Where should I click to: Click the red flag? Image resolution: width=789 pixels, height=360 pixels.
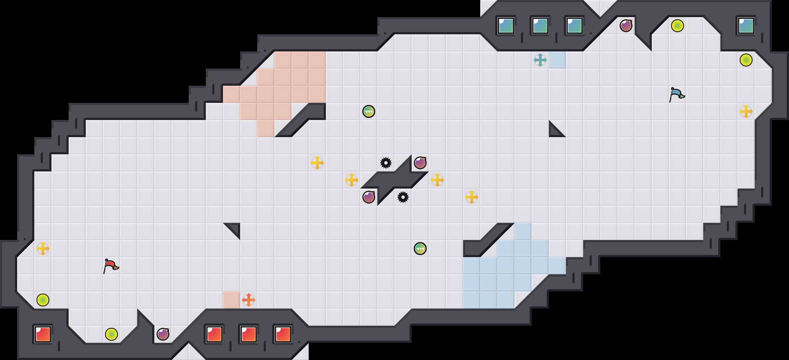pos(111,266)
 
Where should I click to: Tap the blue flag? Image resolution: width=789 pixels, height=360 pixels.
pos(677,94)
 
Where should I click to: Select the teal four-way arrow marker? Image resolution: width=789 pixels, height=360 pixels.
pos(540,60)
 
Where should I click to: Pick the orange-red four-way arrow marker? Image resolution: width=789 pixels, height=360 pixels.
pos(249,300)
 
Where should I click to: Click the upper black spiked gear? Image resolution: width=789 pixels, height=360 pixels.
pos(386,163)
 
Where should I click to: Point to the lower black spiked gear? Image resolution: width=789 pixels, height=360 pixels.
pos(403,197)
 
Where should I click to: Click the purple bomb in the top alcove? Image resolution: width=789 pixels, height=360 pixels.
pos(626,26)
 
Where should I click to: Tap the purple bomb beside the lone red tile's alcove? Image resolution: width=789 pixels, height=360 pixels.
pos(163,334)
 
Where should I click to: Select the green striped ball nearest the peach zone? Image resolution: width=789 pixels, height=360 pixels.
pos(369,111)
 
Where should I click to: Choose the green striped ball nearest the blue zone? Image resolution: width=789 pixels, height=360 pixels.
pos(420,249)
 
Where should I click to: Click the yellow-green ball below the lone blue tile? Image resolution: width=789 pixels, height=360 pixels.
pos(746,60)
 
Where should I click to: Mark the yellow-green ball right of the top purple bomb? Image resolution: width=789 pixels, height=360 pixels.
pos(678,26)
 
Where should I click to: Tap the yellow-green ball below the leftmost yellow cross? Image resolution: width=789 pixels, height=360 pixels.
pos(43,300)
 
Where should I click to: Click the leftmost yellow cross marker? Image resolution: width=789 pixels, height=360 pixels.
pos(43,249)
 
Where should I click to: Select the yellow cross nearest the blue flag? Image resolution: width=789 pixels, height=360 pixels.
pos(746,111)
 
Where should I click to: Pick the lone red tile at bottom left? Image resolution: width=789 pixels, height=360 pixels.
pos(43,334)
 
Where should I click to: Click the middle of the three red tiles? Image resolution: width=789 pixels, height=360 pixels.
pos(249,334)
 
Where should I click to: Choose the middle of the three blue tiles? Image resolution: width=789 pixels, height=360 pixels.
pos(540,26)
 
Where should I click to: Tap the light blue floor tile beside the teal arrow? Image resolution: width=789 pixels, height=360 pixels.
pos(557,60)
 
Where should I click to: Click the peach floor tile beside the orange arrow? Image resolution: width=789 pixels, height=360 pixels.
pos(232,300)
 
